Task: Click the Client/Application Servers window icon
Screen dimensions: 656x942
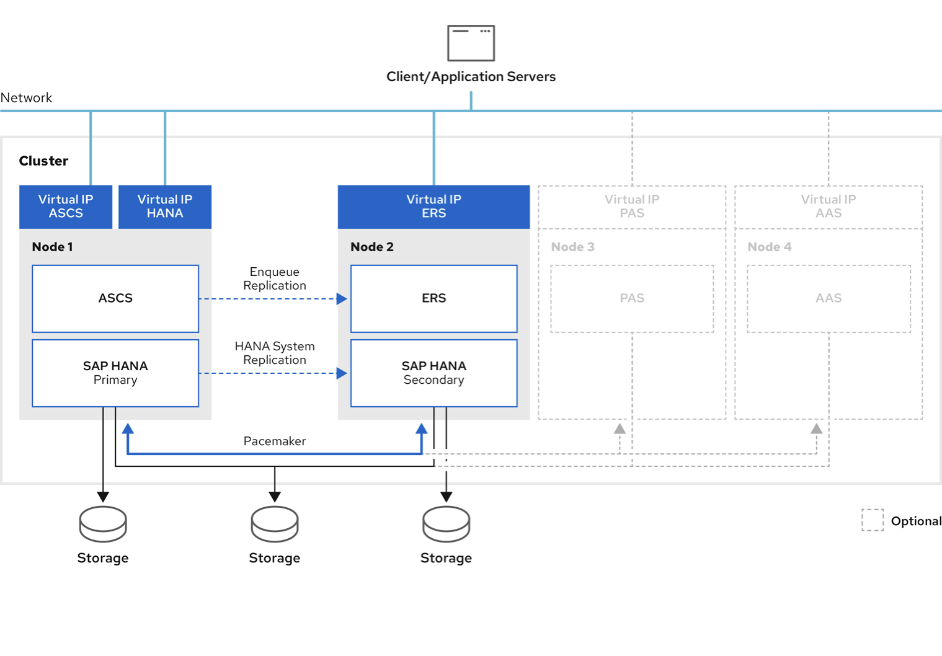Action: [471, 43]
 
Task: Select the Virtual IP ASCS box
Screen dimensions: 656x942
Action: [66, 206]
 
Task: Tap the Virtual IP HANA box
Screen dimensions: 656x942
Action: [165, 206]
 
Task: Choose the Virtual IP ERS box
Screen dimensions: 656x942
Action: [433, 206]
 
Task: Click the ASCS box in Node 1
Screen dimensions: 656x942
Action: [115, 298]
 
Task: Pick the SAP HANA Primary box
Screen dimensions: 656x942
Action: [115, 373]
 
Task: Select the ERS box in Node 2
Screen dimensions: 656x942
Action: [433, 298]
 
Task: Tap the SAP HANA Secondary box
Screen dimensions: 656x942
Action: [433, 373]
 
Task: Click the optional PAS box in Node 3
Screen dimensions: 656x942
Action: [632, 298]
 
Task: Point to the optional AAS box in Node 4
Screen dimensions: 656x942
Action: [829, 298]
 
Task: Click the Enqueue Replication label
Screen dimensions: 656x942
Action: [274, 278]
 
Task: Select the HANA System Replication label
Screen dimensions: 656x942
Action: [274, 353]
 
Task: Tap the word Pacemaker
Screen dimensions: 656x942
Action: [274, 441]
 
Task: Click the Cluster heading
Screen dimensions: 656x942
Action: [43, 161]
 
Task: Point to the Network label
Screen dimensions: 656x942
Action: [26, 97]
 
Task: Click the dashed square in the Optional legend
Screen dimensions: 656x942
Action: [873, 520]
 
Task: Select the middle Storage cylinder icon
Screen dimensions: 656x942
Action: [275, 524]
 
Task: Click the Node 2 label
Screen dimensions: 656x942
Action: [372, 247]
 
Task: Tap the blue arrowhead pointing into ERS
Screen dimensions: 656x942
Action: [342, 299]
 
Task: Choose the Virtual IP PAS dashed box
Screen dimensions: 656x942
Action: [632, 206]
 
